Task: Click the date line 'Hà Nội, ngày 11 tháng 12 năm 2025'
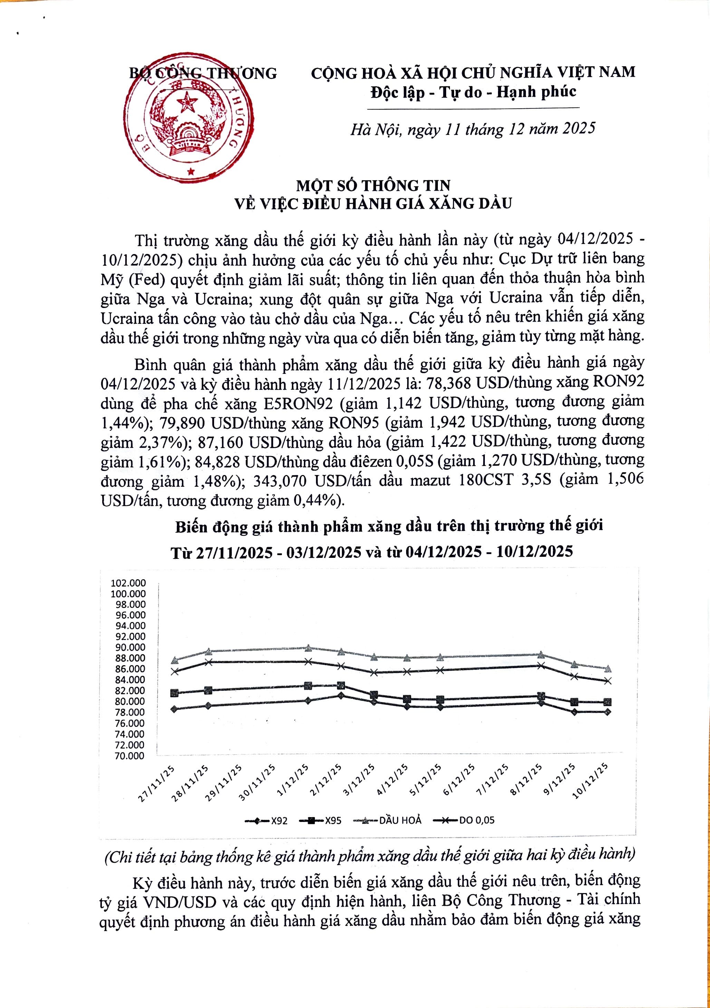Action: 472,129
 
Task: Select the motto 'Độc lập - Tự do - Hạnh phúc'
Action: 473,92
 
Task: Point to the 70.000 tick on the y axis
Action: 129,756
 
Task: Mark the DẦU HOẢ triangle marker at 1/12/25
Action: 308,648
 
